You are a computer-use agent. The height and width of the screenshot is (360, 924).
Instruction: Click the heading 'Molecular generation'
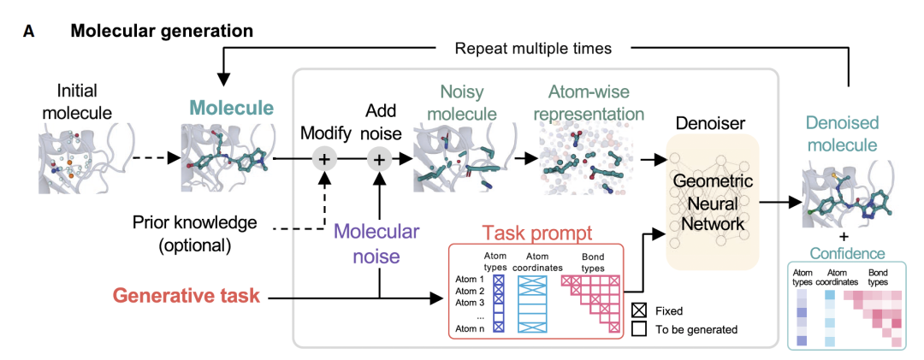(162, 32)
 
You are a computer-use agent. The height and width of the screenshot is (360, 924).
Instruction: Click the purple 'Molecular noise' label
(376, 242)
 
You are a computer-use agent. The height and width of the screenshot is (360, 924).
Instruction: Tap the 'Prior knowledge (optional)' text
(195, 233)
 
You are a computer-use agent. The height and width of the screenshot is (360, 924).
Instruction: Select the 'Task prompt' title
(535, 232)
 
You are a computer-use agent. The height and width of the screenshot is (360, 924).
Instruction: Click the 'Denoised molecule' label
(844, 134)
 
